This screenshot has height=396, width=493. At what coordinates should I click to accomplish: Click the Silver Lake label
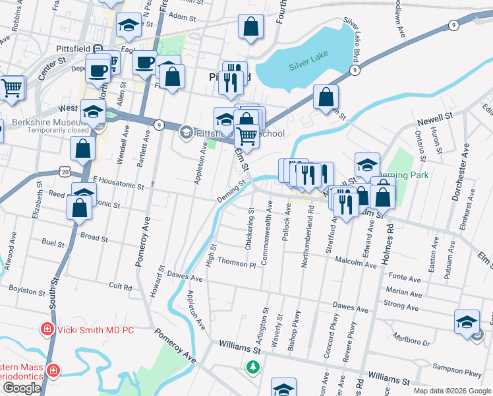(x=307, y=66)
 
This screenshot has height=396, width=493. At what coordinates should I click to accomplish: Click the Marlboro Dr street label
(x=412, y=342)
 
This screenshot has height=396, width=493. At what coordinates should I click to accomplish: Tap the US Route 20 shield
(x=63, y=171)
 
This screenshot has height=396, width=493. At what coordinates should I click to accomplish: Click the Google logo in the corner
(x=22, y=388)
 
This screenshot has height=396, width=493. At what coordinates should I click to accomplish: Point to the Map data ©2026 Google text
(x=451, y=391)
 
